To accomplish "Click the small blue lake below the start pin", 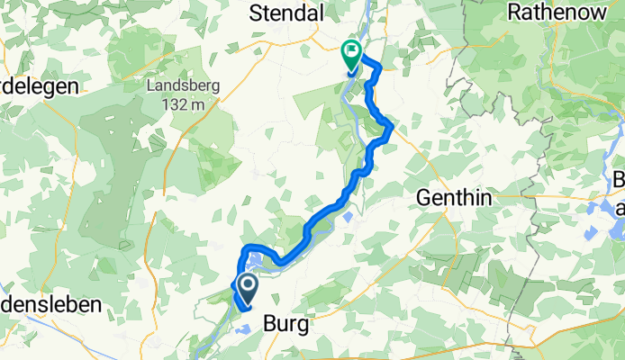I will pyautogui.click(x=243, y=329).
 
